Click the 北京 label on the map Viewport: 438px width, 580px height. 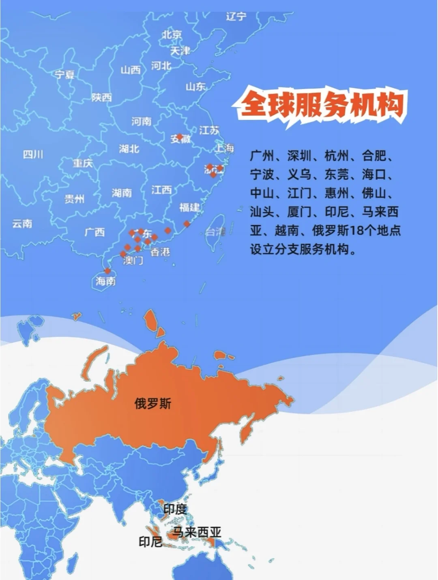point(172,35)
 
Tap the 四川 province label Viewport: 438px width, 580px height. point(33,154)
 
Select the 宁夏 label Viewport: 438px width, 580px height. point(65,75)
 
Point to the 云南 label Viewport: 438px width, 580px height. point(22,224)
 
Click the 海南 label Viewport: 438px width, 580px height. point(105,281)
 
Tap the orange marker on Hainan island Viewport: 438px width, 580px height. point(107,271)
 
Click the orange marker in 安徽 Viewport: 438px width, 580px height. point(180,137)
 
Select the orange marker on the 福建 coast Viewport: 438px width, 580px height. point(187,224)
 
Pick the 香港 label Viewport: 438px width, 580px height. point(160,252)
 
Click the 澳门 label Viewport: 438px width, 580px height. point(133,260)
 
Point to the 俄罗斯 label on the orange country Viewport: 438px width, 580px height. point(153,403)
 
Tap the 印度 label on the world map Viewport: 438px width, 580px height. point(175,510)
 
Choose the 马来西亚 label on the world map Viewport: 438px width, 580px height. point(198,532)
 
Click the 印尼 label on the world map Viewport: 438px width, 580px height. point(150,542)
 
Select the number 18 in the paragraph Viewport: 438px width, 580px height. point(357,230)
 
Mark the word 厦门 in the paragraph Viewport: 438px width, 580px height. point(299,212)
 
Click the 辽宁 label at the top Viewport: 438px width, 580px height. point(236,17)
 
